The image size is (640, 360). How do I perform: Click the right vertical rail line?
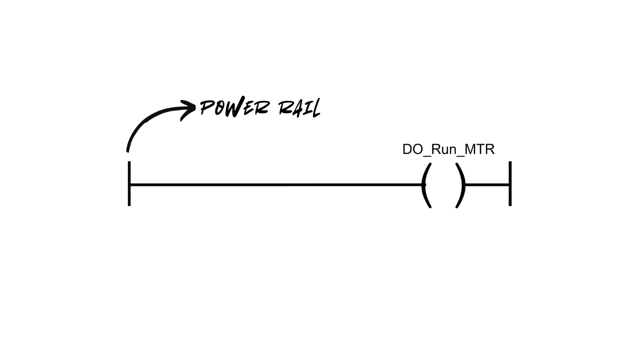click(510, 172)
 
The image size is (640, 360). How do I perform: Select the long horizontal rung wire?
click(275, 185)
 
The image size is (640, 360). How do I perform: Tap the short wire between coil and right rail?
click(487, 185)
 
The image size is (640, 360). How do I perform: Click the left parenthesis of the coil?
click(425, 185)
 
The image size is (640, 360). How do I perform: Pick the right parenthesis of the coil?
click(461, 185)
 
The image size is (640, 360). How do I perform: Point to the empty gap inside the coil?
click(443, 185)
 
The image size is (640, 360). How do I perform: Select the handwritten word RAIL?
click(299, 108)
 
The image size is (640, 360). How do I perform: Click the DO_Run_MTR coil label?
click(448, 149)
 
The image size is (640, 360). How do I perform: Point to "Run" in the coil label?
click(442, 149)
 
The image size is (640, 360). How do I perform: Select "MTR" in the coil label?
click(479, 149)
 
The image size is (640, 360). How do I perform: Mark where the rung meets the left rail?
click(129, 185)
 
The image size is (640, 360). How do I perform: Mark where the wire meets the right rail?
click(510, 185)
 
